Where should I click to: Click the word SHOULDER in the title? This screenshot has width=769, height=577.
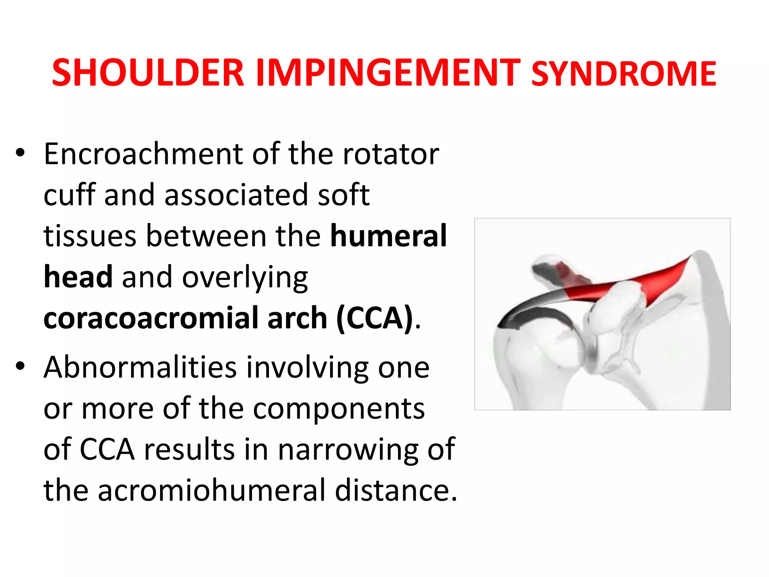pyautogui.click(x=148, y=73)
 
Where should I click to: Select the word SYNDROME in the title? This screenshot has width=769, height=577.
pyautogui.click(x=624, y=74)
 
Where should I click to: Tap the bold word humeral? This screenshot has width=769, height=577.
pyautogui.click(x=388, y=236)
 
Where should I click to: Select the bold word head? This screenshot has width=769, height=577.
pyautogui.click(x=78, y=277)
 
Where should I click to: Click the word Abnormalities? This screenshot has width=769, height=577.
pyautogui.click(x=140, y=367)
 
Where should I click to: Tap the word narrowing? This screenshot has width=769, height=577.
pyautogui.click(x=348, y=449)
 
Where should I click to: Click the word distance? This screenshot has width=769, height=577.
pyautogui.click(x=396, y=490)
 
